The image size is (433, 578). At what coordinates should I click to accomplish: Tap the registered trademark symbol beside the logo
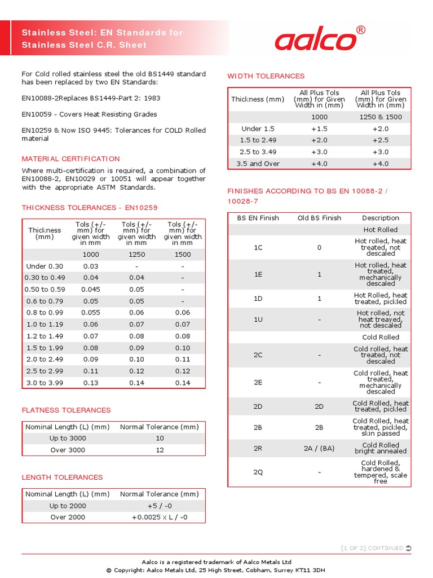(x=361, y=30)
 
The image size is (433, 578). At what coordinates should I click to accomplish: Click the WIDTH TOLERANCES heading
(x=266, y=76)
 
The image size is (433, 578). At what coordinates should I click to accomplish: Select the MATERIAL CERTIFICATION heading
(x=70, y=159)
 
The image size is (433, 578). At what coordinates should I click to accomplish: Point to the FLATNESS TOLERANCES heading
(x=66, y=410)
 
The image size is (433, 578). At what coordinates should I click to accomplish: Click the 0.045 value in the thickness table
(x=91, y=290)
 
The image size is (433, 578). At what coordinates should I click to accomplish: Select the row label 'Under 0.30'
(x=45, y=266)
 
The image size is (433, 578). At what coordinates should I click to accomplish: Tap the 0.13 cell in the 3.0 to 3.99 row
(x=91, y=383)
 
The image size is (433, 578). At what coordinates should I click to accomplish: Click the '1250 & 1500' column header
(x=380, y=117)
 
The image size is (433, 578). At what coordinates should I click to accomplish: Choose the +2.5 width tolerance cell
(x=380, y=140)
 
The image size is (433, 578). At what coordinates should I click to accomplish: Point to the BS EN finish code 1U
(x=258, y=319)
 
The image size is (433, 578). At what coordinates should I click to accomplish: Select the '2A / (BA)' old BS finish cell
(x=319, y=448)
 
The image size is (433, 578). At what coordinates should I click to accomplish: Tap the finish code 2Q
(x=258, y=472)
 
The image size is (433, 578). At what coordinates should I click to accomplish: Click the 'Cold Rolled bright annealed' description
(x=380, y=448)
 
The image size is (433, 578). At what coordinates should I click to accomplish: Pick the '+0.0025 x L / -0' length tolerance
(x=160, y=518)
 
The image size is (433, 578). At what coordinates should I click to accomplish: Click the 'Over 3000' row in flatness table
(x=68, y=450)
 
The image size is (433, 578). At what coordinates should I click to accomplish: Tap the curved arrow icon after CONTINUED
(x=409, y=548)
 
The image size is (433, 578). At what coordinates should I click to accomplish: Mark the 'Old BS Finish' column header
(x=319, y=218)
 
